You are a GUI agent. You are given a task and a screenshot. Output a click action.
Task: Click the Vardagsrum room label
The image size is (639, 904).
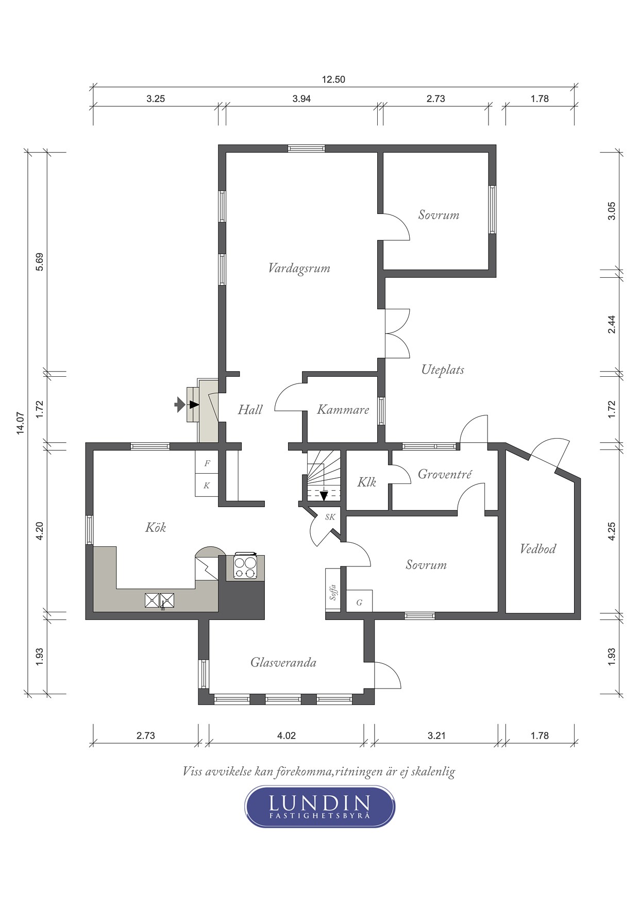(299, 269)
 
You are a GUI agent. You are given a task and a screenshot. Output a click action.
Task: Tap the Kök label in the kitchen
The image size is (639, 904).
(155, 527)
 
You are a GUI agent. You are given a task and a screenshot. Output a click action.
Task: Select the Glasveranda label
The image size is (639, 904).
(283, 662)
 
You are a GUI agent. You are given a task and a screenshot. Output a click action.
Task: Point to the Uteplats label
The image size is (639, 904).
(443, 370)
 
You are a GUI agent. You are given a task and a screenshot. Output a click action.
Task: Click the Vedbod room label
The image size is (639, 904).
(538, 548)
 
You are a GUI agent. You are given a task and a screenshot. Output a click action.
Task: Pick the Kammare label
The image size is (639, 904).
(343, 410)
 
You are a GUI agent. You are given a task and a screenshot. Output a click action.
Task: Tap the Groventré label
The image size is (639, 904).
(444, 474)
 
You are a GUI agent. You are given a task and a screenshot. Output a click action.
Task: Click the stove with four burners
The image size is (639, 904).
(245, 566)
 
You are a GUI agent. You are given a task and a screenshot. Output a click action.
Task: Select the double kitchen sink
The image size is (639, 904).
(160, 600)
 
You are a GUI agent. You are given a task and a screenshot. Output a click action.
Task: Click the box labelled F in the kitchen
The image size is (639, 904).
(207, 463)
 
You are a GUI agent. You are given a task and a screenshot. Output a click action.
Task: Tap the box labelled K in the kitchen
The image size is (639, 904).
(207, 485)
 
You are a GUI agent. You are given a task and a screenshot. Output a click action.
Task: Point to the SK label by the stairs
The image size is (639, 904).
(330, 516)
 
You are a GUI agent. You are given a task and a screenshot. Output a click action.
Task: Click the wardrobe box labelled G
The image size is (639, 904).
(359, 601)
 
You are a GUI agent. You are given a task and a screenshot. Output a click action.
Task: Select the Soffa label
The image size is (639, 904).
(333, 592)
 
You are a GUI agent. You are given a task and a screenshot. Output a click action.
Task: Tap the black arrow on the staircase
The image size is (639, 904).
(324, 495)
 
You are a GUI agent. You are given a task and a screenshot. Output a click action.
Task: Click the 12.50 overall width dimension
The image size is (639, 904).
(333, 79)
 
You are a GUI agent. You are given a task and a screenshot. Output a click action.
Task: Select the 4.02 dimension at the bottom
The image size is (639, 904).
(287, 735)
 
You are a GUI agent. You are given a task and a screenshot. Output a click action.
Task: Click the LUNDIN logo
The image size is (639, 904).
(320, 807)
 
